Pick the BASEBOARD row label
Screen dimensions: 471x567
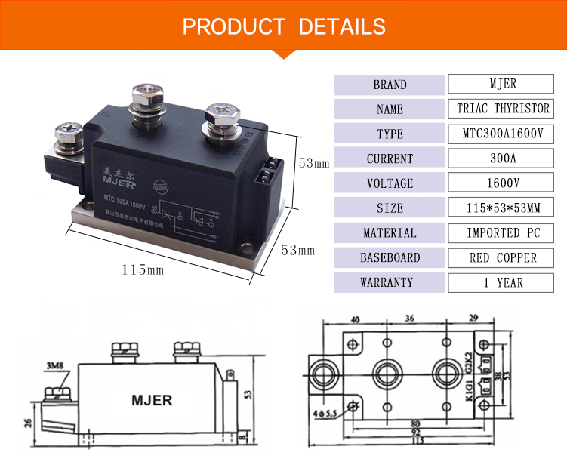[390, 258]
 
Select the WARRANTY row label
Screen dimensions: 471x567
[390, 283]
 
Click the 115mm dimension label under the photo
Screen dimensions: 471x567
[143, 269]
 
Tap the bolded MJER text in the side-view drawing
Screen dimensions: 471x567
[152, 399]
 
